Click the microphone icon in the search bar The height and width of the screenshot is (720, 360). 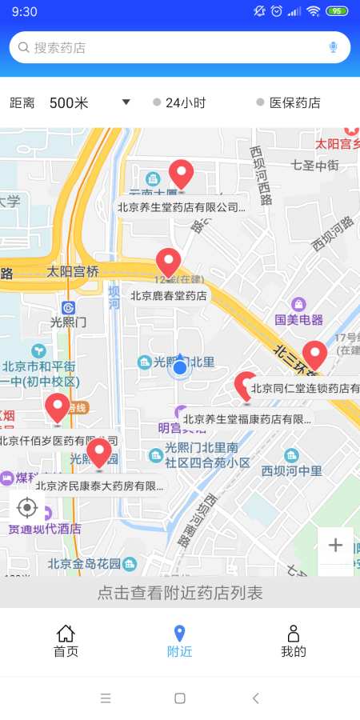(x=334, y=47)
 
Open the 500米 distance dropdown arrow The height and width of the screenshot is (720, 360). (x=126, y=102)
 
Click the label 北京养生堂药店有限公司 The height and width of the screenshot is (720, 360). (x=180, y=206)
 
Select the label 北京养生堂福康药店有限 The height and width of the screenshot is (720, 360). (x=246, y=418)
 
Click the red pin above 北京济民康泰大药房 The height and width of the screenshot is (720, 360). (x=99, y=453)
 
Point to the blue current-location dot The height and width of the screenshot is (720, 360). (x=180, y=368)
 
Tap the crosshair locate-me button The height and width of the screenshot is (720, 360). (x=27, y=507)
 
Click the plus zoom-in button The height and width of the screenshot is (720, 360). (x=335, y=546)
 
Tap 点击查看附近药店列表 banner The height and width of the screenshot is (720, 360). (x=180, y=593)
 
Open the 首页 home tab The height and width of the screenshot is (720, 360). (x=66, y=641)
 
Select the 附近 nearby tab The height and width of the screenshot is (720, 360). (x=180, y=641)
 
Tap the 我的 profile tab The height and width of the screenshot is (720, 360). (x=294, y=641)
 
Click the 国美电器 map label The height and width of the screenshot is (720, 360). (x=299, y=319)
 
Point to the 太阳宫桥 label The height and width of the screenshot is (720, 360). (x=73, y=271)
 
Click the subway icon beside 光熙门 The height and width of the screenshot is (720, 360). (x=69, y=307)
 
